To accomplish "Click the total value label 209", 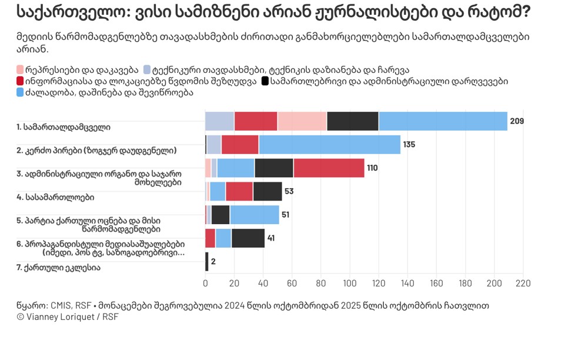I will pyautogui.click(x=516, y=122).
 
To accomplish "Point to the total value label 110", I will pyautogui.click(x=372, y=168).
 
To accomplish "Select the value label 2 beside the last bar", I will pyautogui.click(x=213, y=262).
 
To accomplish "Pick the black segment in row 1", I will pyautogui.click(x=353, y=121).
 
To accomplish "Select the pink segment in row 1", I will pyautogui.click(x=302, y=121).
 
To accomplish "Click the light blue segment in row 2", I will pyautogui.click(x=329, y=145).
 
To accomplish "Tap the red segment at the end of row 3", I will pyautogui.click(x=329, y=168).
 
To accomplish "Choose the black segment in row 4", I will pyautogui.click(x=268, y=191).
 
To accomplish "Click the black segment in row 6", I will pyautogui.click(x=248, y=238).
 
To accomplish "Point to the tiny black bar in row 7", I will pyautogui.click(x=206, y=262).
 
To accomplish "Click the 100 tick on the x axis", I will pyautogui.click(x=350, y=284).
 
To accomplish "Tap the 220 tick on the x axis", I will pyautogui.click(x=523, y=284).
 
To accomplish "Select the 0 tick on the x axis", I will pyautogui.click(x=205, y=284).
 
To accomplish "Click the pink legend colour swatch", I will pyautogui.click(x=21, y=69).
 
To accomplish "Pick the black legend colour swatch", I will pyautogui.click(x=265, y=81).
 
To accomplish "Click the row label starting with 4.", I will pyautogui.click(x=55, y=196).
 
